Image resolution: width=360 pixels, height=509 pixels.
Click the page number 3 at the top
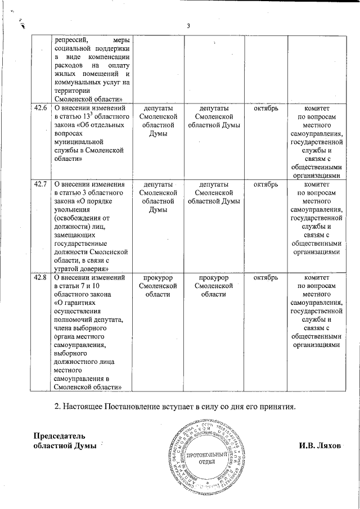pyautogui.click(x=188, y=25)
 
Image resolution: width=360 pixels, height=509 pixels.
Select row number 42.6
pyautogui.click(x=40, y=109)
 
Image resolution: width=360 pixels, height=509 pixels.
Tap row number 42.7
pyautogui.click(x=40, y=184)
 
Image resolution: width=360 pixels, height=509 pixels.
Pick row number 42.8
pyautogui.click(x=40, y=278)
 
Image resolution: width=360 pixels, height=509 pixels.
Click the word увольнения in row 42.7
pyautogui.click(x=73, y=210)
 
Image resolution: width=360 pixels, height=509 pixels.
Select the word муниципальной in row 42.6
pyautogui.click(x=79, y=142)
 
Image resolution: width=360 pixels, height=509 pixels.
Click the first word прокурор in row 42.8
pyautogui.click(x=157, y=278)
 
